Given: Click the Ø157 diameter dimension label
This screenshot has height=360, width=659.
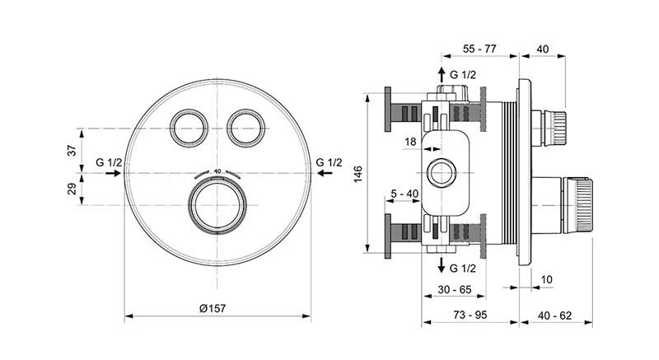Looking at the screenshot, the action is [x=213, y=309].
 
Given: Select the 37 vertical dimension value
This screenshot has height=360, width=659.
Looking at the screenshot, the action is [x=72, y=150].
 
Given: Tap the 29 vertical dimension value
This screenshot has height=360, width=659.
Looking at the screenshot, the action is [x=72, y=189].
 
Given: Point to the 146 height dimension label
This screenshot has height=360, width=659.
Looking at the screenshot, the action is [x=358, y=174].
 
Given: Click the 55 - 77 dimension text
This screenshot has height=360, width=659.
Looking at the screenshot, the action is [x=479, y=49].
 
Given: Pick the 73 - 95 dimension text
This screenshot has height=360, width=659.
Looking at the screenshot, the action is [x=470, y=315].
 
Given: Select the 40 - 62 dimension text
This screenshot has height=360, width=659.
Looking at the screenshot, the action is [x=554, y=316].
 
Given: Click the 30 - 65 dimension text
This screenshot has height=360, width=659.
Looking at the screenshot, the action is [x=455, y=289].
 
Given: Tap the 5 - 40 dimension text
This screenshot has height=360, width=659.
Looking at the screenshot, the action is [x=404, y=194].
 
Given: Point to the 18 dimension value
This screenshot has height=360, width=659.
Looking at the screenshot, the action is [x=410, y=142].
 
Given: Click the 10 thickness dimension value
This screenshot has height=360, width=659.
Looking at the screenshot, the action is [x=546, y=279].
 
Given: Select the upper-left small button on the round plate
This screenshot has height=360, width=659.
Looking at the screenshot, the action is [x=189, y=129].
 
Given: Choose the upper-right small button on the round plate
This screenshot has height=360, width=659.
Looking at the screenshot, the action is [x=245, y=129].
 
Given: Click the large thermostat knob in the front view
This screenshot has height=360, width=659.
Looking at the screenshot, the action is [x=217, y=205].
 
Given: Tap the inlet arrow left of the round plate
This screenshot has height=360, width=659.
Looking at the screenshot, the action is [x=114, y=173].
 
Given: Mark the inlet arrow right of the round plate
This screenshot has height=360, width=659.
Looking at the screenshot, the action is [x=325, y=173].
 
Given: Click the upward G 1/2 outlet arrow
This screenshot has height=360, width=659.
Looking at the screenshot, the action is [x=442, y=75].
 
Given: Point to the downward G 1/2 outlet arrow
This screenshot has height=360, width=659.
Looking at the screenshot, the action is [x=442, y=265].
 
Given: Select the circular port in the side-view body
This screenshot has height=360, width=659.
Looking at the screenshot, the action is [x=442, y=173].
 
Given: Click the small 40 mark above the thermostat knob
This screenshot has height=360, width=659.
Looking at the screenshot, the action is [x=217, y=171].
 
